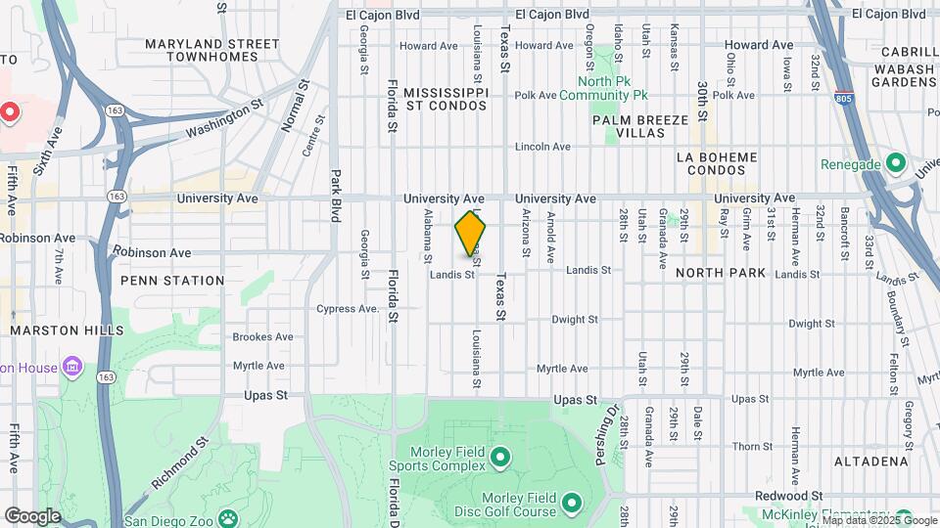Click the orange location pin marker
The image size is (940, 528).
471,236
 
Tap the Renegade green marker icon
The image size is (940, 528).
894,162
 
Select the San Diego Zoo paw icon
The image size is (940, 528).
227,518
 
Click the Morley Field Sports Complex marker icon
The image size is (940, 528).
499,457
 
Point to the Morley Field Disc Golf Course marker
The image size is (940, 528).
571,504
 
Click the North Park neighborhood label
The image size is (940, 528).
721,273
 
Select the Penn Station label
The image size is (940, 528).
172,281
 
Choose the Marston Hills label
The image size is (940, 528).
68,330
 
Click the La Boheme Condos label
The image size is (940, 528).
718,163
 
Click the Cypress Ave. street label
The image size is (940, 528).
348,309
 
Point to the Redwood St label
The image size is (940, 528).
794,497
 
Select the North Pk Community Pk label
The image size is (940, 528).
613,89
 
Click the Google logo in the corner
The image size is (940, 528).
32,515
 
